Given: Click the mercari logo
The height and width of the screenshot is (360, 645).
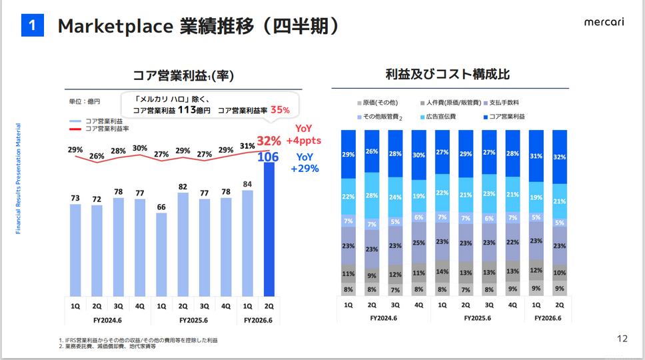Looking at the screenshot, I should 604,23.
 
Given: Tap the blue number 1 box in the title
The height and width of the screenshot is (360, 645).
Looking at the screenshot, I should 32,26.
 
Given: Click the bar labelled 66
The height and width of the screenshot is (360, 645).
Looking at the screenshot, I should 161,254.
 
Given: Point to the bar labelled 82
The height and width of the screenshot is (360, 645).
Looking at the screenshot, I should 183,244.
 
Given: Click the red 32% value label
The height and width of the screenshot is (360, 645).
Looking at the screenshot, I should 269,141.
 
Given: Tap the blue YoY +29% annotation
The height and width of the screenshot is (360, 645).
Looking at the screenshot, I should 304,163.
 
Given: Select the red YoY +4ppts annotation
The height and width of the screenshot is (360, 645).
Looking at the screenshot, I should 304,135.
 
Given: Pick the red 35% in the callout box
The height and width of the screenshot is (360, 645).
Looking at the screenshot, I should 280,110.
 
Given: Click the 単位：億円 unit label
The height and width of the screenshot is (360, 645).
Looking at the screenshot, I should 85,101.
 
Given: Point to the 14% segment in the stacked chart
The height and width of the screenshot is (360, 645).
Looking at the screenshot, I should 442,272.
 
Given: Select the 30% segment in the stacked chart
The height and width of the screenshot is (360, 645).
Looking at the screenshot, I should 419,155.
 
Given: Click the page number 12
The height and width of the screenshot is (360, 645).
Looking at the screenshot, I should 622,339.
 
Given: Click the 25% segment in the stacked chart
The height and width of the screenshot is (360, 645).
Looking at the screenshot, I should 419,243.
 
